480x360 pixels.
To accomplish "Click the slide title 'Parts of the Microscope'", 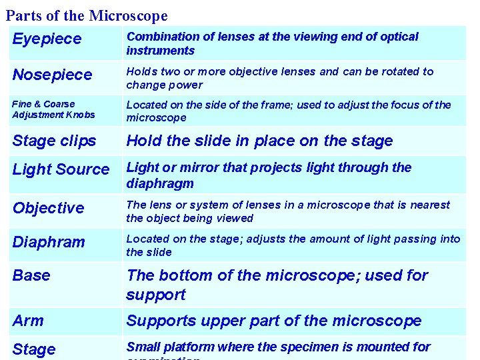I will (x=87, y=15).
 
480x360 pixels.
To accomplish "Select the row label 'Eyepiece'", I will (x=47, y=39).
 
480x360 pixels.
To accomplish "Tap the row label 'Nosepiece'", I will (x=52, y=75).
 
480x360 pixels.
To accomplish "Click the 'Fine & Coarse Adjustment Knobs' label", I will (x=53, y=109).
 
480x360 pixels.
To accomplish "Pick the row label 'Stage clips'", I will (x=54, y=141).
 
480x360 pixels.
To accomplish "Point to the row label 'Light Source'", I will (x=61, y=169).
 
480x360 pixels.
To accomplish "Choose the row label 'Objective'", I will (x=49, y=208).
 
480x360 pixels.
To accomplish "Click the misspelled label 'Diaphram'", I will (x=49, y=242).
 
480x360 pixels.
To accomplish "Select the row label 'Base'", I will (x=31, y=275).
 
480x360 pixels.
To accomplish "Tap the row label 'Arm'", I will (x=28, y=321).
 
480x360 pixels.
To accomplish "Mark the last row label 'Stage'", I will (x=34, y=349).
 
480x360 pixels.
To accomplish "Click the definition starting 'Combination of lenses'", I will (x=272, y=43).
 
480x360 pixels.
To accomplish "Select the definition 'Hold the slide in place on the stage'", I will (x=259, y=141).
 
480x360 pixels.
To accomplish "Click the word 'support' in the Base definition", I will (x=157, y=294).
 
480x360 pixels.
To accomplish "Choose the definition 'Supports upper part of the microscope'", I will (x=273, y=321).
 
